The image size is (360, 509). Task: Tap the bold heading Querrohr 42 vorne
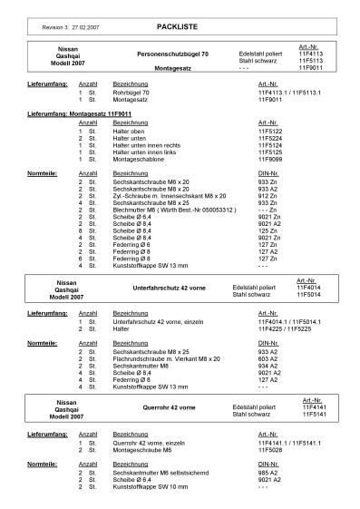(175, 409)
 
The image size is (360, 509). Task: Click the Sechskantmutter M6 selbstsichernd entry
(161, 473)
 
